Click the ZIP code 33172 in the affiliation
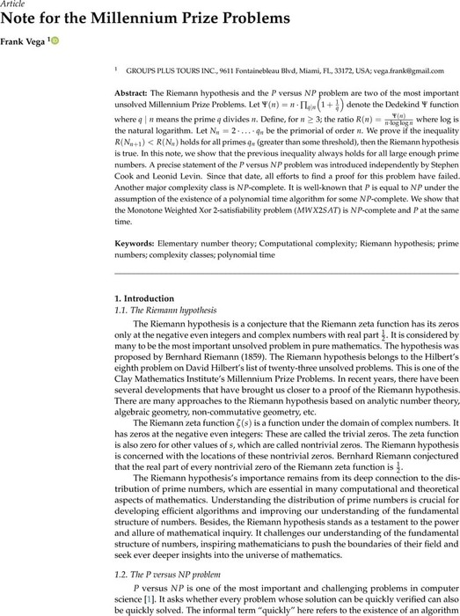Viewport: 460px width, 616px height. point(320,67)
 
